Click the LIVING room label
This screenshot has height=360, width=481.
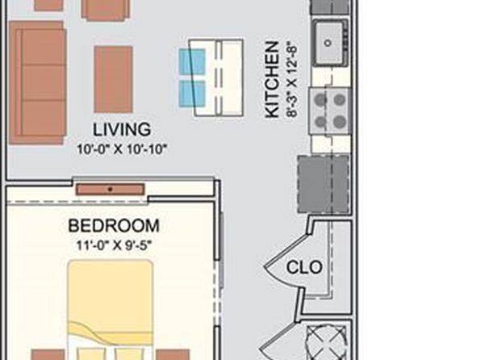tap(122, 129)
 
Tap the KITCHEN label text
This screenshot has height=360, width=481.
tap(272, 79)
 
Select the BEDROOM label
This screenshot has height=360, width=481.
tap(114, 226)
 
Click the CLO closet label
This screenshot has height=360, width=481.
tap(304, 267)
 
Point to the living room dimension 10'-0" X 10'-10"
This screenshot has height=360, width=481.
tap(122, 150)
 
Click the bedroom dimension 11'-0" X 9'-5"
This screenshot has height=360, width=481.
tap(114, 245)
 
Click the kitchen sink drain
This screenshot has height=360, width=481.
tap(328, 43)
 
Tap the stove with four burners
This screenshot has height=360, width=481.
tap(330, 111)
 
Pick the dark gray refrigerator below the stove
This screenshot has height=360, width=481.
tap(324, 184)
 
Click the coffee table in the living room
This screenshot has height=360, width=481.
tap(113, 79)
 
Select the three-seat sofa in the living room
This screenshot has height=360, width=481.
tap(37, 82)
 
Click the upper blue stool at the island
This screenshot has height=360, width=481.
tap(192, 61)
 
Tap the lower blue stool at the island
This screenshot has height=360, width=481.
tap(192, 94)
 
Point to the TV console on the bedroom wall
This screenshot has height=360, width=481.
tap(110, 190)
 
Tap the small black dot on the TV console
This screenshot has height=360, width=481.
tap(111, 190)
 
